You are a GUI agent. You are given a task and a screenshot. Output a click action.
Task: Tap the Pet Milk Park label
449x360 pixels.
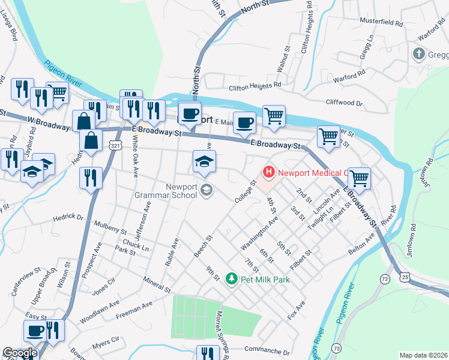point(265,280)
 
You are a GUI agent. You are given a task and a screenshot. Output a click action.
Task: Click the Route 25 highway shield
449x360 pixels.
point(406,277)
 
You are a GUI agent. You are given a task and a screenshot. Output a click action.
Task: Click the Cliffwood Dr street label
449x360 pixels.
point(344,103)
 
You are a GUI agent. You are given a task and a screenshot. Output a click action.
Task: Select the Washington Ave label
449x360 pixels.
point(259,234)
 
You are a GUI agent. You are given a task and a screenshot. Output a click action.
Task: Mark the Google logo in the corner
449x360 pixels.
point(20,353)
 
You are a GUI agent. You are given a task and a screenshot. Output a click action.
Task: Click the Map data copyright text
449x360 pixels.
point(423,355)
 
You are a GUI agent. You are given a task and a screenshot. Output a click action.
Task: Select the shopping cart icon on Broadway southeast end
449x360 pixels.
point(359,178)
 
